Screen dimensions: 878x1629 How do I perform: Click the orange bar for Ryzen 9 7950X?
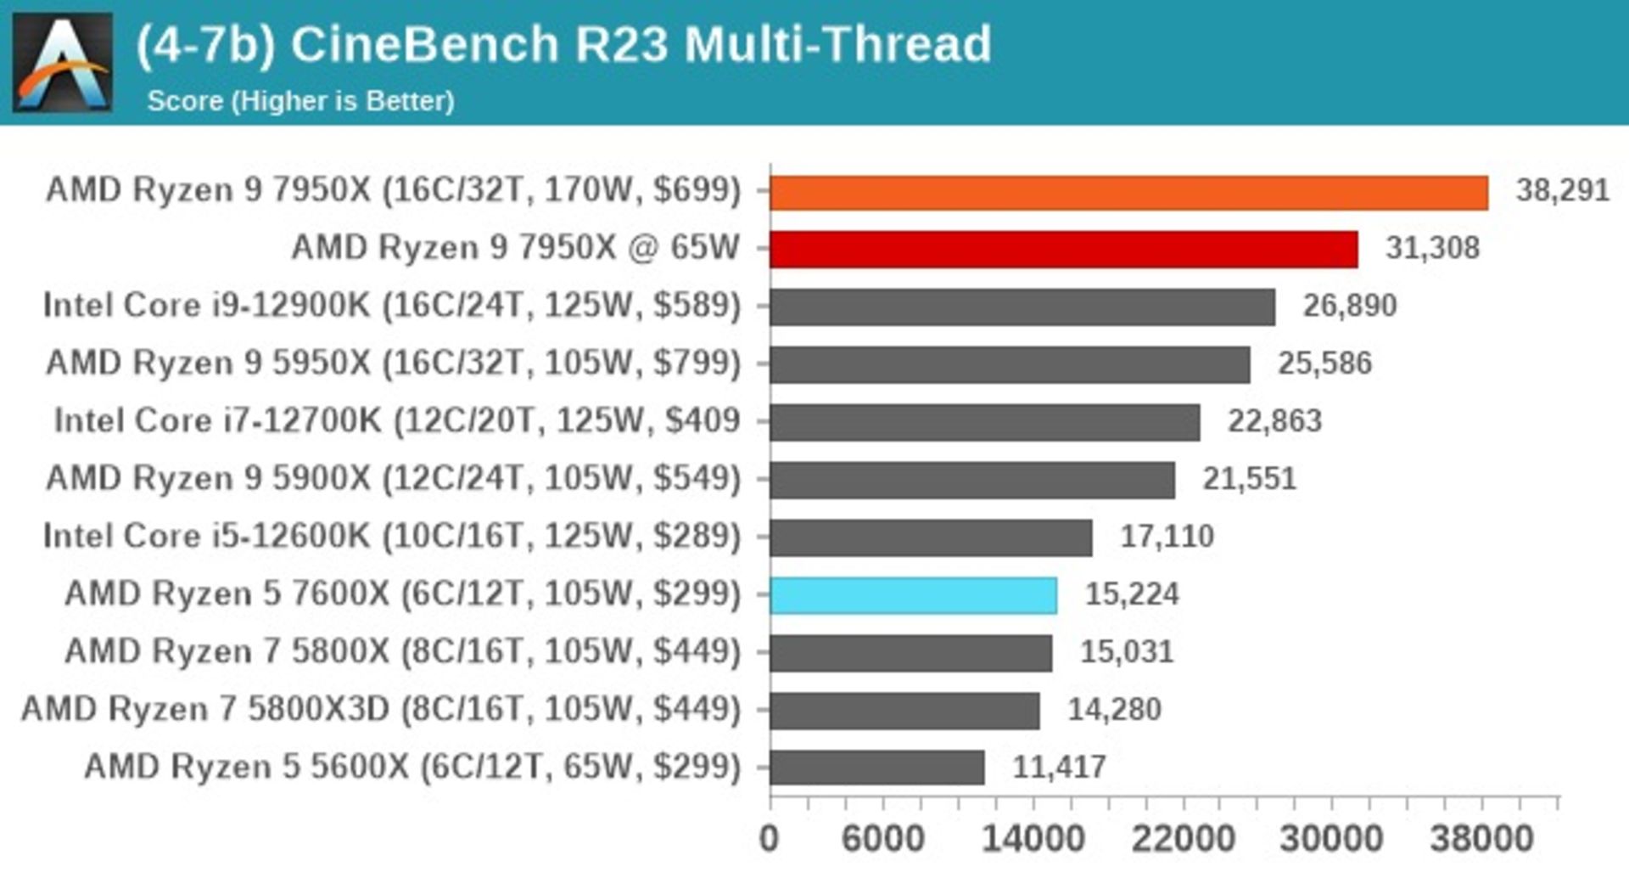point(1128,193)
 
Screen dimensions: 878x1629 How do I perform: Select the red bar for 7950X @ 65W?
point(1063,250)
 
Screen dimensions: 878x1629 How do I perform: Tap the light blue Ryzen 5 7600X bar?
point(913,595)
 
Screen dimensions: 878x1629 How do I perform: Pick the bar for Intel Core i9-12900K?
point(1022,307)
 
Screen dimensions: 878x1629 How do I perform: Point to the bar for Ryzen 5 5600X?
point(877,768)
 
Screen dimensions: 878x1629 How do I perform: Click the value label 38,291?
point(1562,190)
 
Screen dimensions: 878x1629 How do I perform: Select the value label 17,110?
point(1167,537)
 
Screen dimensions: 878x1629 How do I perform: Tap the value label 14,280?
point(1113,710)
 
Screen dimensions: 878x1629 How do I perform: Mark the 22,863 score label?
point(1274,421)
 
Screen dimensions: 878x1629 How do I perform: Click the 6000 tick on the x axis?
point(882,839)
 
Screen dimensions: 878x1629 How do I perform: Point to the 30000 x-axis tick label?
point(1331,839)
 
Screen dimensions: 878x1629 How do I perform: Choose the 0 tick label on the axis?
point(769,839)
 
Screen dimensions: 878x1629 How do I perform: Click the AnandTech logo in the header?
point(63,63)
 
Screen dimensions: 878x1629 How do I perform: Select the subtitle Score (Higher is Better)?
point(300,101)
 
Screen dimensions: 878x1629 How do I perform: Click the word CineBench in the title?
point(424,44)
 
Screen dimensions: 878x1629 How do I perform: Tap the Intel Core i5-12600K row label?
point(392,537)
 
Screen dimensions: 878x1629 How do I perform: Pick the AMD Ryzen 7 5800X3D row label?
point(381,710)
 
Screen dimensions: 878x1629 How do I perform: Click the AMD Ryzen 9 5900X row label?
point(394,479)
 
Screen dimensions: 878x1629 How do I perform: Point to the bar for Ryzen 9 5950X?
point(1010,365)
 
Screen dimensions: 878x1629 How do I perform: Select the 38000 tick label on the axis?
point(1481,839)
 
